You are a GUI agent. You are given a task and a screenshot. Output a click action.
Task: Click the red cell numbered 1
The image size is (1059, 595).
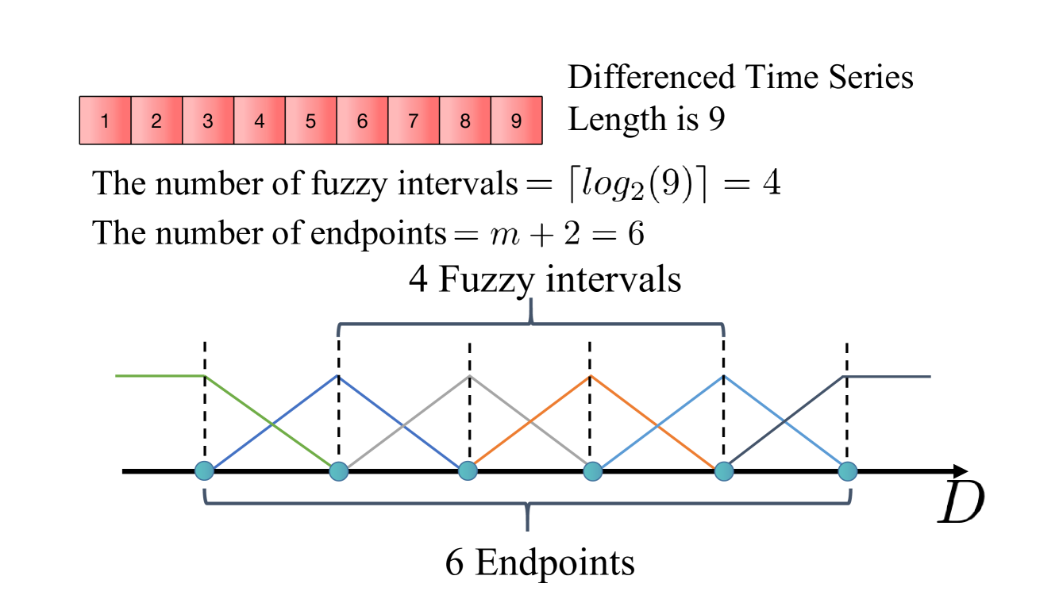click(x=105, y=121)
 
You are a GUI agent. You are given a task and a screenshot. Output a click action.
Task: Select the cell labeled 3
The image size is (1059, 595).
click(x=208, y=121)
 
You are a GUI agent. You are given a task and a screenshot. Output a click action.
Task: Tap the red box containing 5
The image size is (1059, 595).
click(x=310, y=121)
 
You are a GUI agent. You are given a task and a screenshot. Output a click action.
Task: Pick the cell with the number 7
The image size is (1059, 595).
click(x=413, y=121)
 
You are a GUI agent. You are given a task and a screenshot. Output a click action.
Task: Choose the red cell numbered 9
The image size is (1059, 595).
click(x=516, y=121)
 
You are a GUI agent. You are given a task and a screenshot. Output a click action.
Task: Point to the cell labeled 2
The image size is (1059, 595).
click(x=156, y=121)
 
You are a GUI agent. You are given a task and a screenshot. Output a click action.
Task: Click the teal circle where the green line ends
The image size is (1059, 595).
click(x=339, y=471)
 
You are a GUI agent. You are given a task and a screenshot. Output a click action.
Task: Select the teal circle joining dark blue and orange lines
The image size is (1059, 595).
click(x=468, y=471)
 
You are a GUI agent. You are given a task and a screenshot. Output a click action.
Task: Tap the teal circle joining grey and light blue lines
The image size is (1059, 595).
click(x=592, y=471)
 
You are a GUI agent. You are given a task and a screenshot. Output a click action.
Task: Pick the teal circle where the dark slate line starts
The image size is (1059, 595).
click(x=723, y=471)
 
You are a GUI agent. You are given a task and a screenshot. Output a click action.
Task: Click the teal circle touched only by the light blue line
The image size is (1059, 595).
click(x=847, y=471)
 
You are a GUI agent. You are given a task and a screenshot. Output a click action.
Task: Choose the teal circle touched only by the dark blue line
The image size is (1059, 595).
click(x=204, y=471)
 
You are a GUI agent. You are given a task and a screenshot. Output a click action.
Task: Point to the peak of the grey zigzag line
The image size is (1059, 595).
click(x=469, y=375)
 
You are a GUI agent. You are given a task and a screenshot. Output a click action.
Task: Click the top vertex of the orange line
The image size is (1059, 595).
click(x=590, y=376)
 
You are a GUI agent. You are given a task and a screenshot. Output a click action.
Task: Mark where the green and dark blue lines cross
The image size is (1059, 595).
click(x=271, y=424)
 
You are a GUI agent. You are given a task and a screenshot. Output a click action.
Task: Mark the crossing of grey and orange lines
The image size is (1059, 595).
click(x=530, y=422)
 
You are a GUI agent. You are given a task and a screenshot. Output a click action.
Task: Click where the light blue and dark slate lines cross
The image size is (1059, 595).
click(x=784, y=423)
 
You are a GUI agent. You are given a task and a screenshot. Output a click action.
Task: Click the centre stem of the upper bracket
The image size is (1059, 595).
click(x=530, y=310)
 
